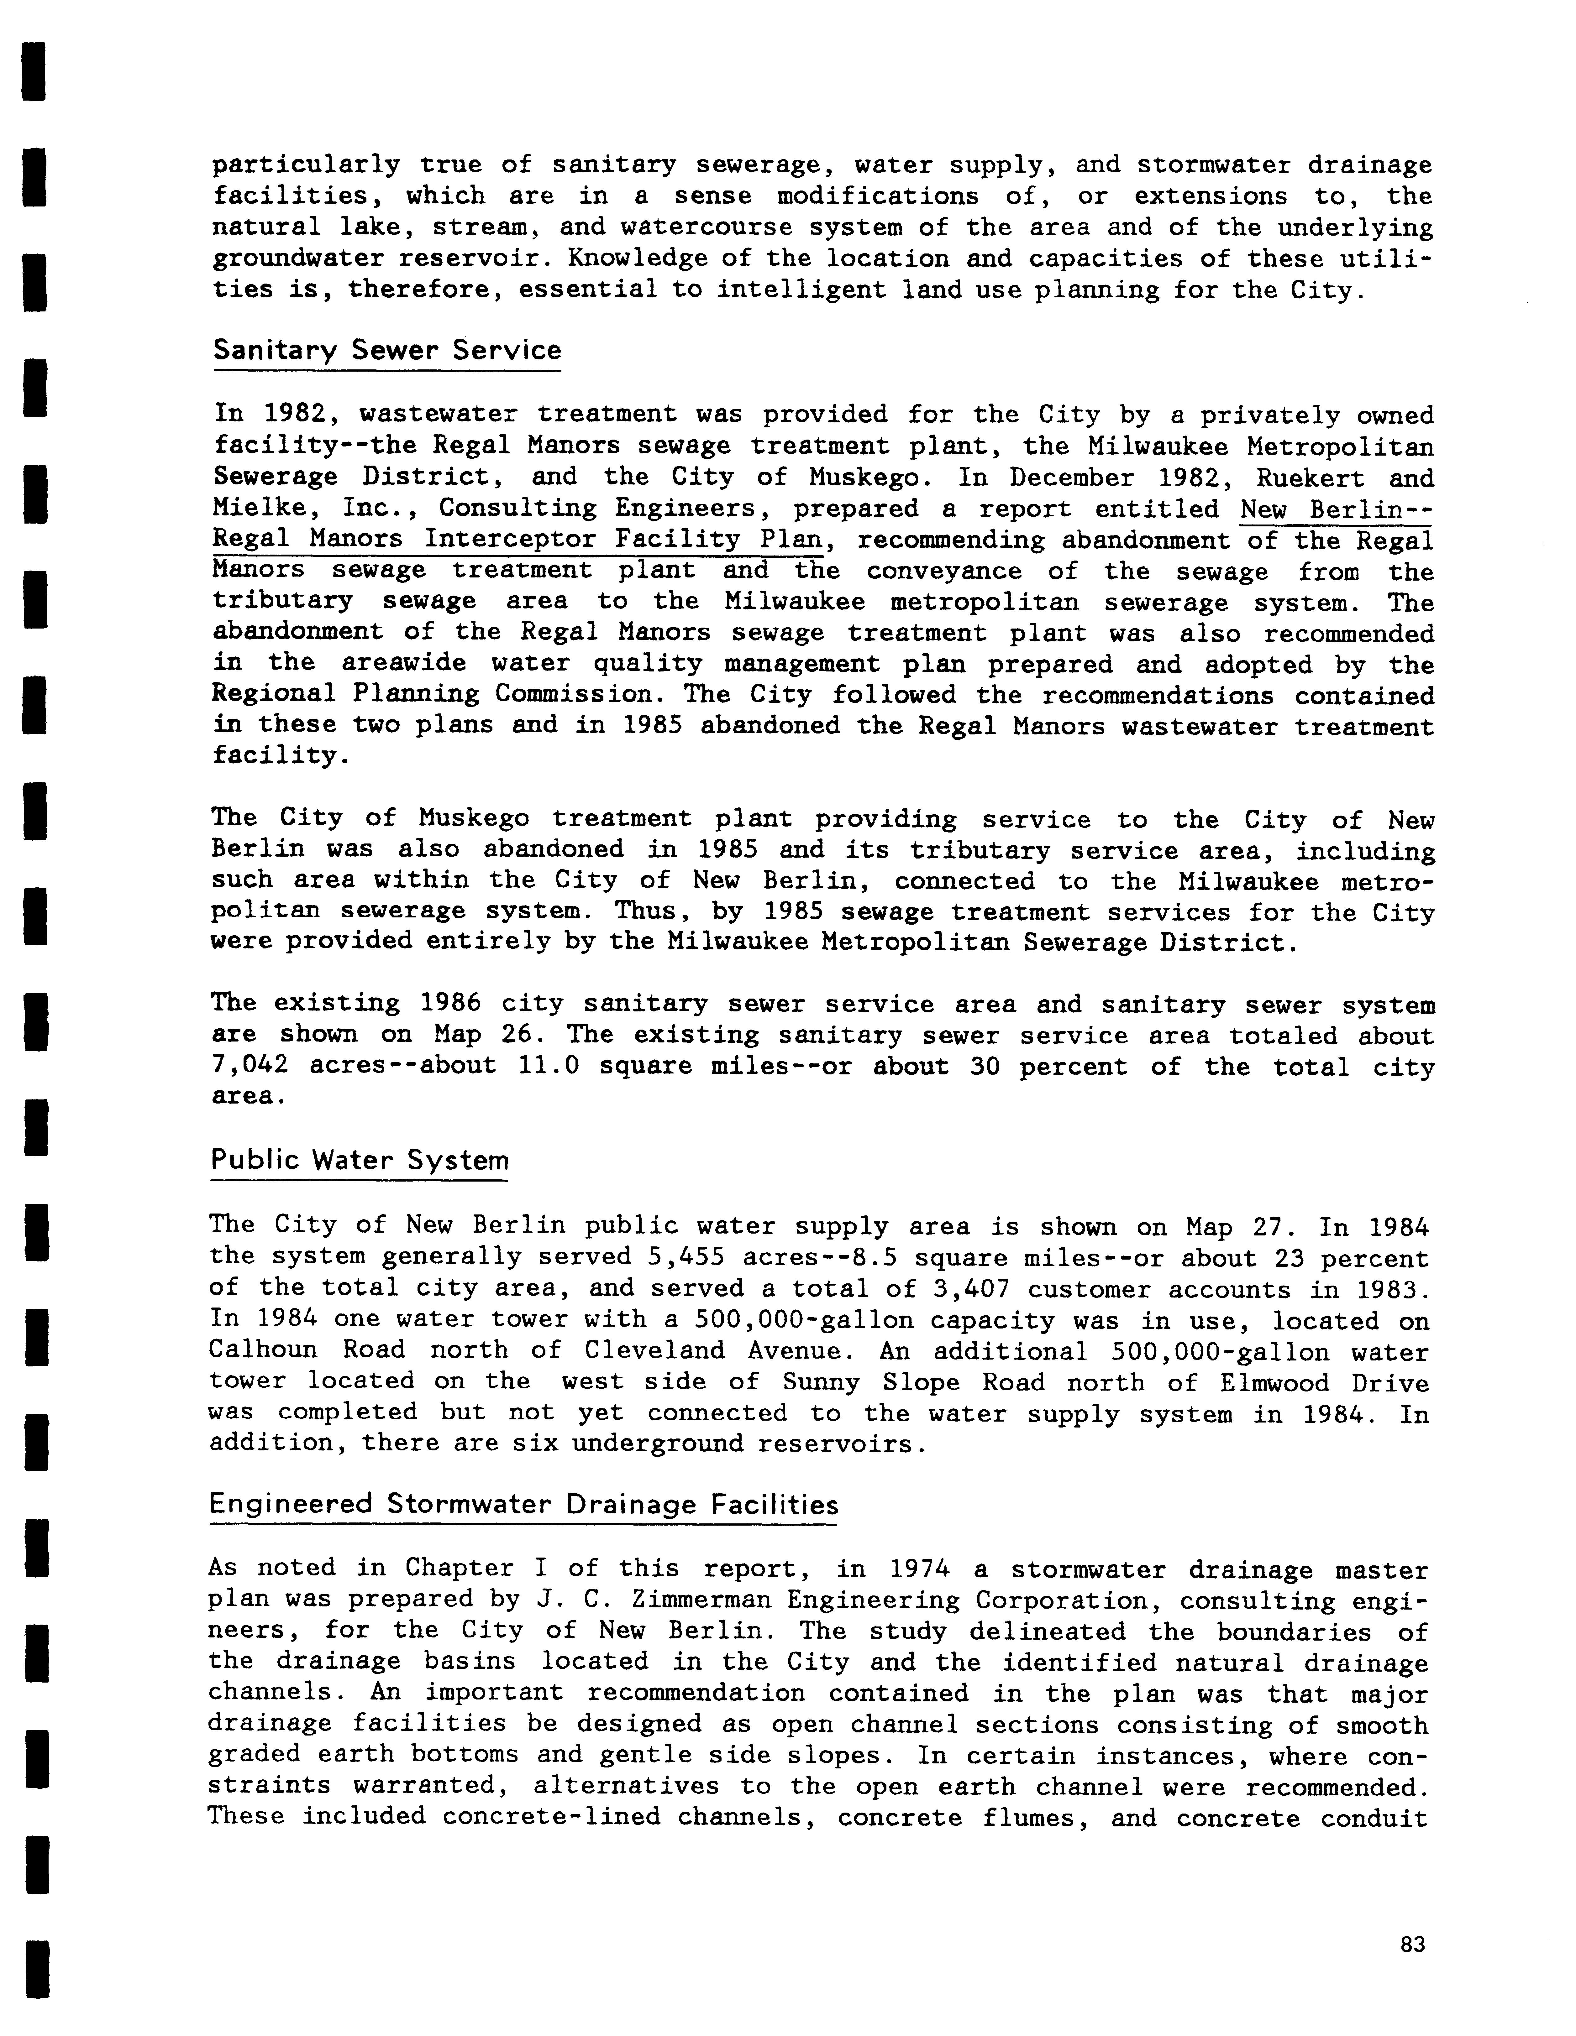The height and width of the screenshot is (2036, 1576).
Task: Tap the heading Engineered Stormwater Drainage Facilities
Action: click(x=523, y=1505)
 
